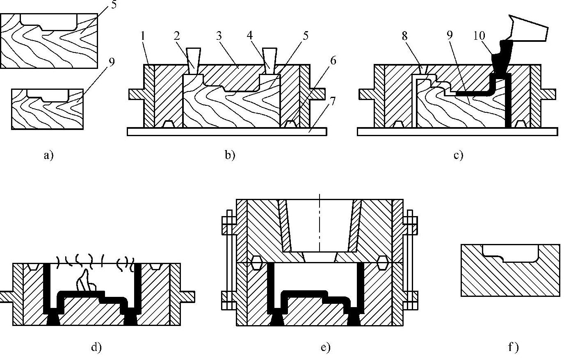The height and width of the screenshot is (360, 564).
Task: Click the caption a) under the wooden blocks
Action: (48, 155)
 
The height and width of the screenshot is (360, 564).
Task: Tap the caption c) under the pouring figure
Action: (458, 155)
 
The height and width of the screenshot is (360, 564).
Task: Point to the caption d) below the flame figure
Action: (96, 347)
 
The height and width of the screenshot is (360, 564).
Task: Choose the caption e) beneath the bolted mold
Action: (325, 347)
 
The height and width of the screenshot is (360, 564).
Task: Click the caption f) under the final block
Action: (513, 347)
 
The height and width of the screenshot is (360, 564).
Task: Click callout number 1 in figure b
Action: (143, 36)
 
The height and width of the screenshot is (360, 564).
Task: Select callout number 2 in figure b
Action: (177, 36)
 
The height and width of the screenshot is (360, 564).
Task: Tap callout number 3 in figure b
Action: (219, 36)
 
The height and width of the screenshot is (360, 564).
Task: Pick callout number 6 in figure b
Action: (333, 61)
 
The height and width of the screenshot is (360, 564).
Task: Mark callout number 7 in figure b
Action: (333, 100)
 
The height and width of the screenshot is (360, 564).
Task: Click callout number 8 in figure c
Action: (405, 36)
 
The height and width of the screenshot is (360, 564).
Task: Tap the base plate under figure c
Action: (457, 131)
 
